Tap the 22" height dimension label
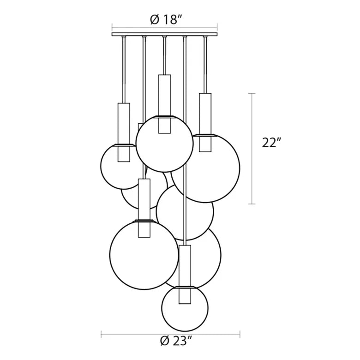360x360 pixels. click(271, 143)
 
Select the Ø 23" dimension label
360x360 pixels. click(176, 348)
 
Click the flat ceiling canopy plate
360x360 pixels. click(165, 34)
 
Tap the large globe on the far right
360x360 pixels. click(240, 169)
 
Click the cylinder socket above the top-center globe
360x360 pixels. click(164, 104)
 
